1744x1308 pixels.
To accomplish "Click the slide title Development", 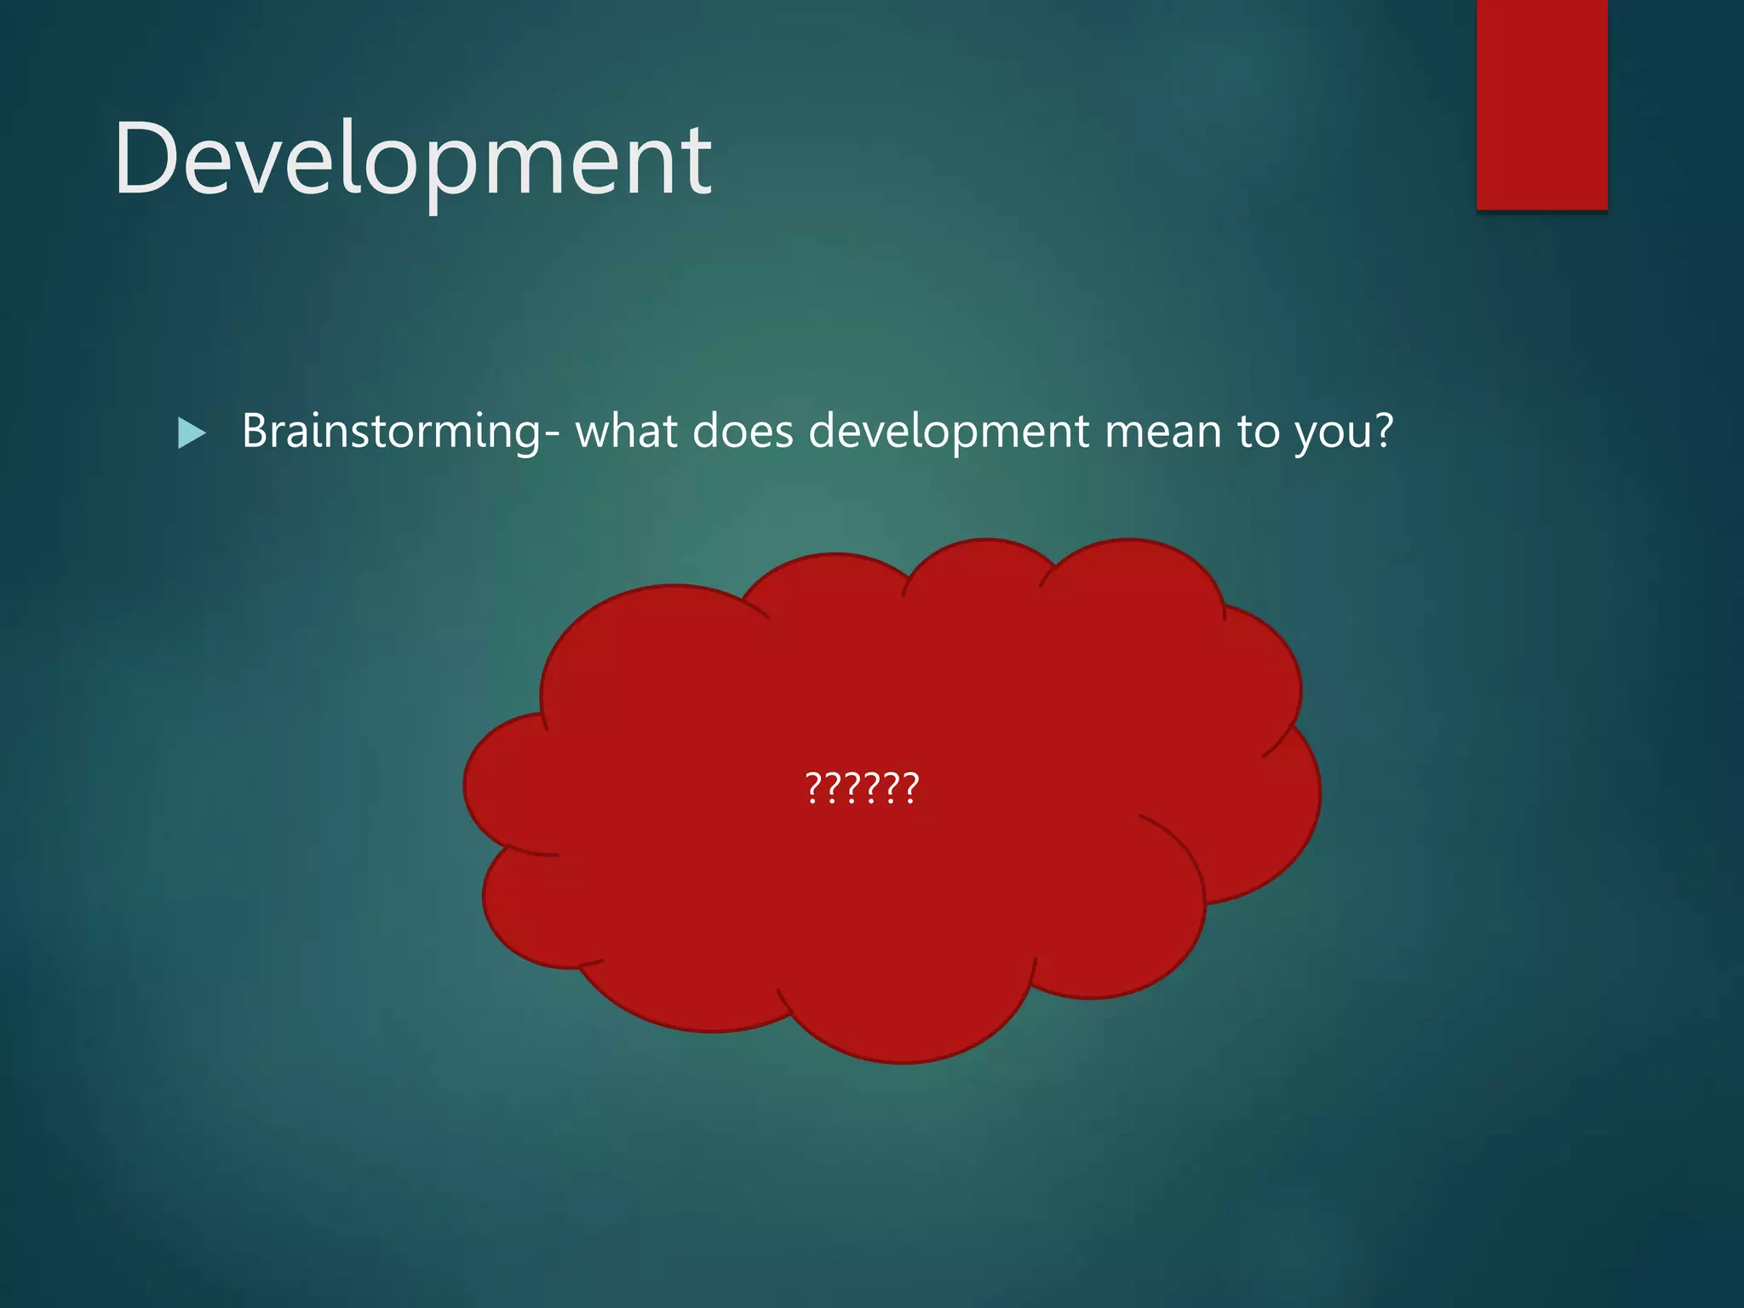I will click(413, 160).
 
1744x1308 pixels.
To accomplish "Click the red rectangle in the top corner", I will click(1541, 104).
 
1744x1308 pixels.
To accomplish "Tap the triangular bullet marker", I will click(192, 433).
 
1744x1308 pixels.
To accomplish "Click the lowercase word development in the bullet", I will click(949, 431).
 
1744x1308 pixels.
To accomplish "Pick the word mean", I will click(1162, 431).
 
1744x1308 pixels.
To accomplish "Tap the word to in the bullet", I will click(1259, 431).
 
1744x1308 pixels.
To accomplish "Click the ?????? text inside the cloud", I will click(862, 788).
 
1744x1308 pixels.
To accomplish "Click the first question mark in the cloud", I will click(813, 788).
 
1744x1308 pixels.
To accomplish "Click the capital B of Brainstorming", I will click(256, 431).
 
